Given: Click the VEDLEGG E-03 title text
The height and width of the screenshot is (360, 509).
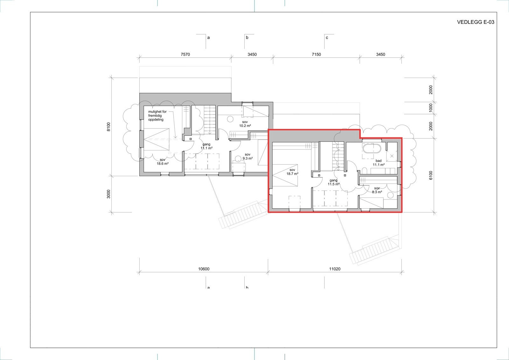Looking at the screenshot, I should click(475, 22).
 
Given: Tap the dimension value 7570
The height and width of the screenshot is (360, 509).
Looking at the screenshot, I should click(185, 54).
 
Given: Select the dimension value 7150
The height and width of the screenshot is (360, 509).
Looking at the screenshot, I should click(316, 54).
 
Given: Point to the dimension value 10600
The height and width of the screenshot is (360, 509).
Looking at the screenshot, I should click(204, 269).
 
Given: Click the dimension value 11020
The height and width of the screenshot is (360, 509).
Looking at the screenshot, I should click(335, 269).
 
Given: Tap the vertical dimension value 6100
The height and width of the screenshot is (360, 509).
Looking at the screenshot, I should click(431, 175).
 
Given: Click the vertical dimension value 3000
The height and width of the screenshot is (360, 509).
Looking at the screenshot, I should click(108, 194).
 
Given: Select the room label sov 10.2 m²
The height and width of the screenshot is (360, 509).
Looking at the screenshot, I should click(245, 124).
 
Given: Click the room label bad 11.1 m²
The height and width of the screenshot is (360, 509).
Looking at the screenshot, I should click(379, 163).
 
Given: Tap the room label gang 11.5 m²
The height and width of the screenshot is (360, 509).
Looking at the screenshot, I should click(333, 182).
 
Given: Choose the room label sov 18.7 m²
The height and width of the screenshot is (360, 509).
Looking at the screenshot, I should click(292, 172).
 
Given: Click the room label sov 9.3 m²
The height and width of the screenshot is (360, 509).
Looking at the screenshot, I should click(248, 156).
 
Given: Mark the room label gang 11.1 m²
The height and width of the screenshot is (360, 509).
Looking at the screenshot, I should click(206, 146).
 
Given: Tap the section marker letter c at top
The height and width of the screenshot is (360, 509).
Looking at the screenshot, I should click(327, 38).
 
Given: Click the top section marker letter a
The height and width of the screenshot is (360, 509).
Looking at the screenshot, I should click(209, 38).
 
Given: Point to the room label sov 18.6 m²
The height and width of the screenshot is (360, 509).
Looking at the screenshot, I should click(162, 162).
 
